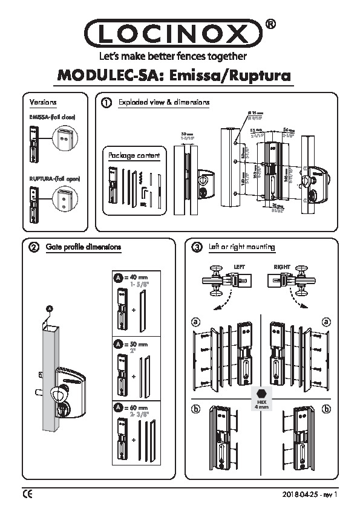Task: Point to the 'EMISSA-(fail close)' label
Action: point(51,116)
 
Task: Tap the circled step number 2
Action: point(33,247)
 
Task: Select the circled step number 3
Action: point(196,247)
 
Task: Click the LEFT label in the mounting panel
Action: point(238,266)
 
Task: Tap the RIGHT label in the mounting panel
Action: point(282,266)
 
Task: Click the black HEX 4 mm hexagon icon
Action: point(262,392)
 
